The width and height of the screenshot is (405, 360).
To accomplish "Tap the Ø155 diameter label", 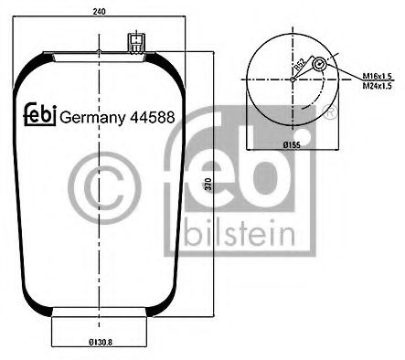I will point(293,144).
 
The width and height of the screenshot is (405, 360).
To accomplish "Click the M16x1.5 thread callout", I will point(377,77).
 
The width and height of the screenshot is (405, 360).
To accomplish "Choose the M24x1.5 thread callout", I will point(377,86).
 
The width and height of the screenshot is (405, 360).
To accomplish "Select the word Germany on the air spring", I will point(92,116).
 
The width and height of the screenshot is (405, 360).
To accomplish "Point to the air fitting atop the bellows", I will point(135,43).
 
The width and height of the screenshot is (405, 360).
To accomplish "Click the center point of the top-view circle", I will point(293,79).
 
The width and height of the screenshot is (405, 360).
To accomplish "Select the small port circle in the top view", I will point(318,66).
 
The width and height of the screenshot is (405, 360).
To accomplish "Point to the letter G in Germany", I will point(66,116).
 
